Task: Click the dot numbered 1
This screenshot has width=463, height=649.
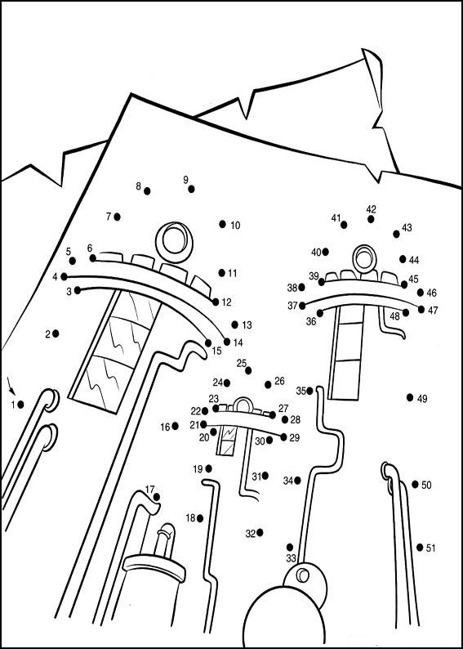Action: (x=20, y=405)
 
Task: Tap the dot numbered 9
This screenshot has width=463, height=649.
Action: (x=191, y=189)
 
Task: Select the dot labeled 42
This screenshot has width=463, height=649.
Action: (x=371, y=219)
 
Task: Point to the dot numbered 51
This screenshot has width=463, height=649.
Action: (x=420, y=547)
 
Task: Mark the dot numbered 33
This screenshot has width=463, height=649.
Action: (x=290, y=547)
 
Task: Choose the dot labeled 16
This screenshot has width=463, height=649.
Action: (x=175, y=426)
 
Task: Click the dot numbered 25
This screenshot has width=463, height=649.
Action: (x=248, y=370)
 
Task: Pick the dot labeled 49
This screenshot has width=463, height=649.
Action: (x=410, y=397)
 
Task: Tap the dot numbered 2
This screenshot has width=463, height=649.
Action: (x=56, y=333)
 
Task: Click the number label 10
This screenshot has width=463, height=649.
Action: (x=235, y=226)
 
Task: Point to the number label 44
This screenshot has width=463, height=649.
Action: (x=414, y=260)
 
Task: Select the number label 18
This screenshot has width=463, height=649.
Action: (x=190, y=517)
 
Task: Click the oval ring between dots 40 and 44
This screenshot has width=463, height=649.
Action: (x=364, y=258)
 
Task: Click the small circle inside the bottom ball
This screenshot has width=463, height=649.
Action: (x=303, y=575)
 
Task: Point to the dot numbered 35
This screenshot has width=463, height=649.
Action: (x=309, y=391)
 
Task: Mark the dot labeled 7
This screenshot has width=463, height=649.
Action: (x=117, y=217)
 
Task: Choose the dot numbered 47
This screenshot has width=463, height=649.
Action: (x=421, y=309)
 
